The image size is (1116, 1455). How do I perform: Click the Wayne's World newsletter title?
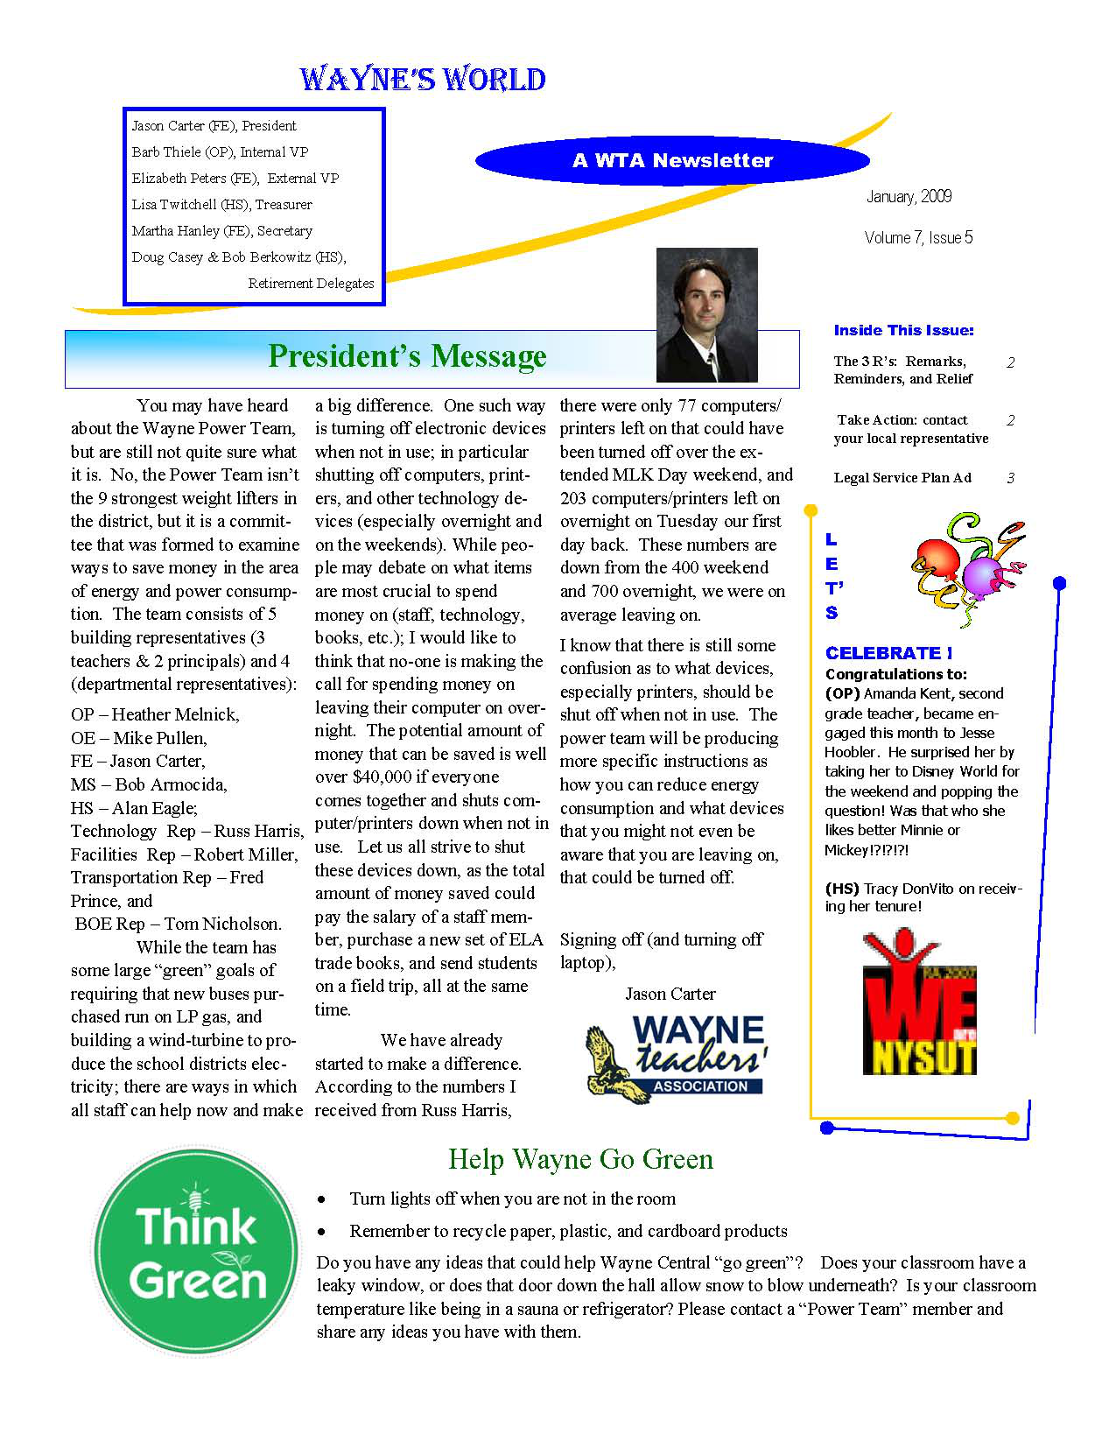422,80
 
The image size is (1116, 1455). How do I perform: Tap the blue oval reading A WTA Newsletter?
671,160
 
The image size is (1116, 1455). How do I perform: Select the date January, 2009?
909,196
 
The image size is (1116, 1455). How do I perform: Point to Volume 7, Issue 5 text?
917,237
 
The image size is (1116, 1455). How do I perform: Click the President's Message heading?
407,356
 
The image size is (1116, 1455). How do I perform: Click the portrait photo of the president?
706,315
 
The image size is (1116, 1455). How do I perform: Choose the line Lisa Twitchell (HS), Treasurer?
221,205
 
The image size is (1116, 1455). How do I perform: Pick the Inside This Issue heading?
903,330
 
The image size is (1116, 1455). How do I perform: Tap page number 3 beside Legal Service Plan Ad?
1010,478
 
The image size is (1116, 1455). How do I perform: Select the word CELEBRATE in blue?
883,653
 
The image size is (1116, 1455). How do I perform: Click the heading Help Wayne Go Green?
580,1159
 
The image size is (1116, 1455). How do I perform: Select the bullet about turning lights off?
512,1198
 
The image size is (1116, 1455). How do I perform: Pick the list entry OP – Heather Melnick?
155,714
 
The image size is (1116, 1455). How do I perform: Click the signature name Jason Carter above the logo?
670,994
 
